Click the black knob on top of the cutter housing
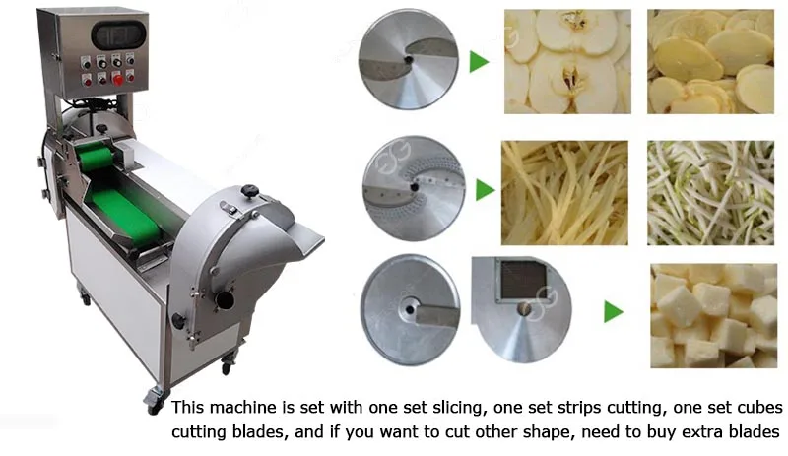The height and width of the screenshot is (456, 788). (x=250, y=189)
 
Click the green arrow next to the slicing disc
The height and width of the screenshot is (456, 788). (x=479, y=63)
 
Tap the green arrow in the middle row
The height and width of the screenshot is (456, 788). (x=484, y=190)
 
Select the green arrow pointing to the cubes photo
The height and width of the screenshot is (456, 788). (x=613, y=314)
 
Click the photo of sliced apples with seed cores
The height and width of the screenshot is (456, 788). (x=567, y=61)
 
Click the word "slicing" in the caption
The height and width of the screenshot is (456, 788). (x=434, y=408)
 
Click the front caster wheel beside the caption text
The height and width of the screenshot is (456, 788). (x=154, y=399)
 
